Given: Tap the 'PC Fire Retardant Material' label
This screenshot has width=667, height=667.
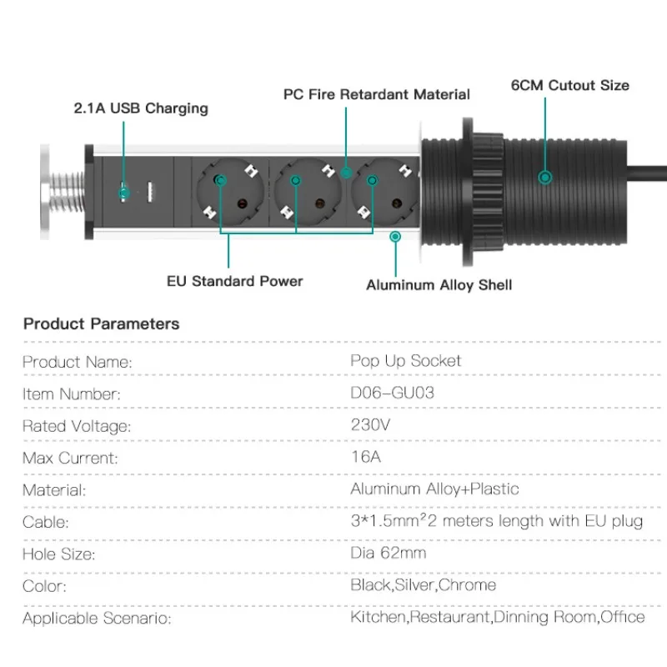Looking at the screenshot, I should [377, 94].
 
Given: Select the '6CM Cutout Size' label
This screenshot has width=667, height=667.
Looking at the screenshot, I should [570, 85].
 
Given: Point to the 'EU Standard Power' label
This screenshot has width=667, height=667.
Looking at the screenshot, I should [235, 281].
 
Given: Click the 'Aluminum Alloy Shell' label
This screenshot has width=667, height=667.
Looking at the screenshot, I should [439, 285].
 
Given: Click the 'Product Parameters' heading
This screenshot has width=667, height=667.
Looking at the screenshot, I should [101, 323].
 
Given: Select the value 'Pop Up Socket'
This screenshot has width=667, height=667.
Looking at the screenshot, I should [405, 361].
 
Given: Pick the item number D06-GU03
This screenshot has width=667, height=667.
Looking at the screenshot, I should [392, 393].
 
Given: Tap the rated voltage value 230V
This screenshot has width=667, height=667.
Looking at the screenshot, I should [369, 424].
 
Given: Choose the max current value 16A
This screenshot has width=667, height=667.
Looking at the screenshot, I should [367, 457].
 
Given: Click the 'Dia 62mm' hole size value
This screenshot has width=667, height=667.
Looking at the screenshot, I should [388, 553].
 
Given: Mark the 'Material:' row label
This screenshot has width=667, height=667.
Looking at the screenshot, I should [53, 490].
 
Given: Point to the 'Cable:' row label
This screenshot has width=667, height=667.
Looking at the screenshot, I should [46, 523].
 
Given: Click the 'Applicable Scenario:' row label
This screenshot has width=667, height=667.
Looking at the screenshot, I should [96, 618].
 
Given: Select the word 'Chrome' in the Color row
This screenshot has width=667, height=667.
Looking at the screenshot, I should [467, 585].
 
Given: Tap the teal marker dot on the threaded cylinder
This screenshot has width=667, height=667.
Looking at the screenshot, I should [544, 177].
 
